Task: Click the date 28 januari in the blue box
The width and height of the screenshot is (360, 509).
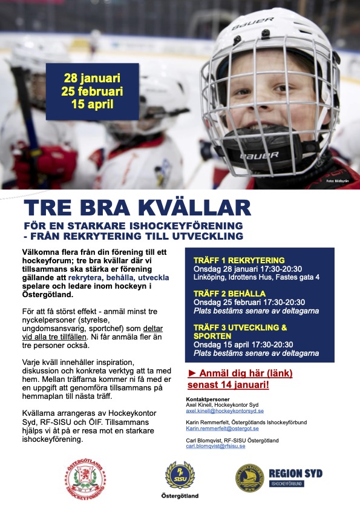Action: click(x=92, y=78)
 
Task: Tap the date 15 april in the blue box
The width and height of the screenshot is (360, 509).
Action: click(x=92, y=103)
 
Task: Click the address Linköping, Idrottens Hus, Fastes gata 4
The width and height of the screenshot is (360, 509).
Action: click(x=256, y=277)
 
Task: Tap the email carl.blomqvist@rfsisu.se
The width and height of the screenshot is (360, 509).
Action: click(x=215, y=446)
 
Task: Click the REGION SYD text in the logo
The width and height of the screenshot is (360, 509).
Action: click(x=295, y=473)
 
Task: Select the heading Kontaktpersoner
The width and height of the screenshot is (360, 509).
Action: click(x=206, y=399)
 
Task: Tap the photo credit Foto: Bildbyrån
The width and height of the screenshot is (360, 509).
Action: click(x=338, y=181)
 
